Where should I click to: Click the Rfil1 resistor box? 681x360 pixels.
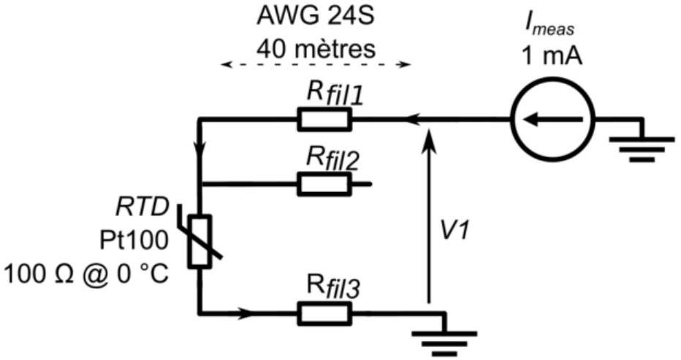click(324, 119)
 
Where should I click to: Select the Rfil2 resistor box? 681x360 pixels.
click(324, 184)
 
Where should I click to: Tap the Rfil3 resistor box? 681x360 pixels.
click(324, 313)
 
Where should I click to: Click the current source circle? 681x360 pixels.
click(552, 118)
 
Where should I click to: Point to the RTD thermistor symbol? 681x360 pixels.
click(199, 240)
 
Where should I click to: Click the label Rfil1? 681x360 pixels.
click(334, 95)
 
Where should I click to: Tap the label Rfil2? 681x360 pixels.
click(333, 159)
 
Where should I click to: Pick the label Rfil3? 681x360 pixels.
click(333, 288)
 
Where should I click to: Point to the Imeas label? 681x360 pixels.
click(549, 26)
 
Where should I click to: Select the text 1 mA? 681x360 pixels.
click(552, 56)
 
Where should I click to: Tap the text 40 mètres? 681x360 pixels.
click(316, 49)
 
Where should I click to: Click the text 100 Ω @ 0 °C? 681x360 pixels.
click(86, 275)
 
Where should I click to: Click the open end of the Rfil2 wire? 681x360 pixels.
click(370, 184)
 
